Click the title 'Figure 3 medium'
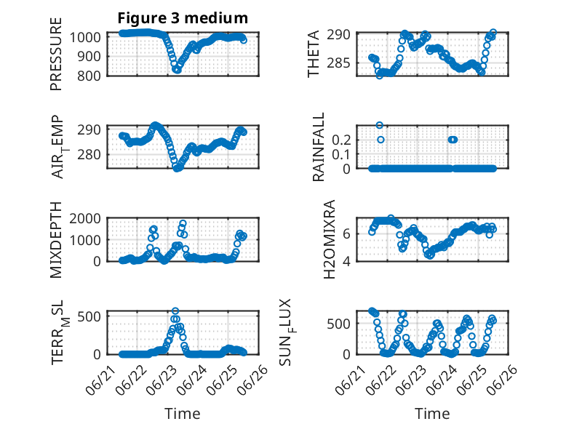[183, 18]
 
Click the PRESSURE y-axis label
[56, 54]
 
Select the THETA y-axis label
[314, 54]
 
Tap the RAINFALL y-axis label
[319, 147]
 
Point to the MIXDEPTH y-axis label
[56, 240]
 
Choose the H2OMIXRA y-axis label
[330, 239]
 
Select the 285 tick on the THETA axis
[338, 63]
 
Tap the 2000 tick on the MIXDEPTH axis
[85, 218]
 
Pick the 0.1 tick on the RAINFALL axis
[341, 154]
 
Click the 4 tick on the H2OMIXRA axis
[346, 261]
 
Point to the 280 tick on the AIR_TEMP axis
[89, 154]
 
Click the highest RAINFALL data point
[379, 125]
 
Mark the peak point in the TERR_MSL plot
[175, 311]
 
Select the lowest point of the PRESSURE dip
[177, 70]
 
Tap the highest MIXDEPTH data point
[183, 223]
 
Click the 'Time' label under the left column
[183, 414]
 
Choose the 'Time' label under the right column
[432, 414]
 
